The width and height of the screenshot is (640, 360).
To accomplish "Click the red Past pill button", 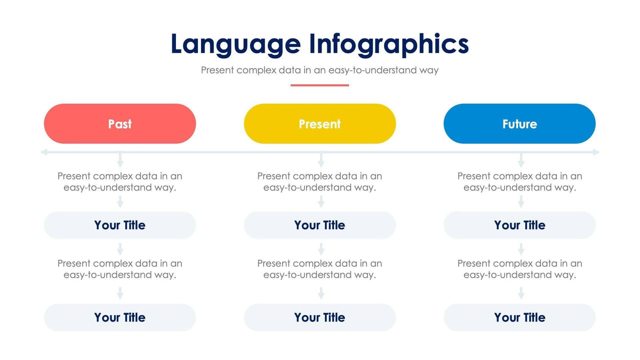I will [120, 124].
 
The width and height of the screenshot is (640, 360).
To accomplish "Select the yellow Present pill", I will [319, 124].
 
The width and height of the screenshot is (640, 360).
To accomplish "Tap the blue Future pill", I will [519, 124].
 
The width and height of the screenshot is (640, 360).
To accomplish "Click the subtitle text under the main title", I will [319, 70].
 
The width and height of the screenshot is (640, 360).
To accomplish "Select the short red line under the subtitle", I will [319, 85].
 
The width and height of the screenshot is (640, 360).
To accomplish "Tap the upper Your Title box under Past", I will [120, 225].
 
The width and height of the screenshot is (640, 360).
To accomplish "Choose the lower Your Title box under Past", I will [120, 317].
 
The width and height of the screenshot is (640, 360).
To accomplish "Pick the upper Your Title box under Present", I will [319, 225].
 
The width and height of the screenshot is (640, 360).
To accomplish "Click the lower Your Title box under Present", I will [319, 317].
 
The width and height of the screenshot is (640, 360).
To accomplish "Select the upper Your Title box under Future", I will [519, 225].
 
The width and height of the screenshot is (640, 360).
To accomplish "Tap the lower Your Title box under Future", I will [519, 317].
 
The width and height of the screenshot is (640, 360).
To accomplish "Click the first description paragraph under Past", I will [120, 182].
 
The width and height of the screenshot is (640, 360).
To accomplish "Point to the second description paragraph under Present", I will [319, 269].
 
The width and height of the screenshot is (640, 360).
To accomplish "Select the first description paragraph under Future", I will [519, 182].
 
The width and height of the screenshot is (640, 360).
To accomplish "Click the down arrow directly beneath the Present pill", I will [321, 160].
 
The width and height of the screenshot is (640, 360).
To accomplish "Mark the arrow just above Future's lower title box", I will [521, 293].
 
